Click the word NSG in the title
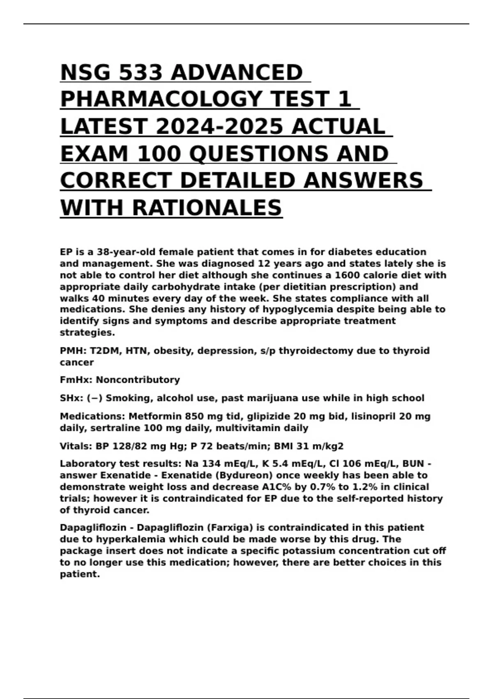pyautogui.click(x=85, y=73)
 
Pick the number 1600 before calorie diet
pyautogui.click(x=349, y=275)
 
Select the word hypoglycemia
pyautogui.click(x=295, y=309)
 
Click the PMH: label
pyautogui.click(x=73, y=351)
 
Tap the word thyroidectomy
pyautogui.click(x=315, y=351)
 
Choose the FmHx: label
pyautogui.click(x=76, y=380)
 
